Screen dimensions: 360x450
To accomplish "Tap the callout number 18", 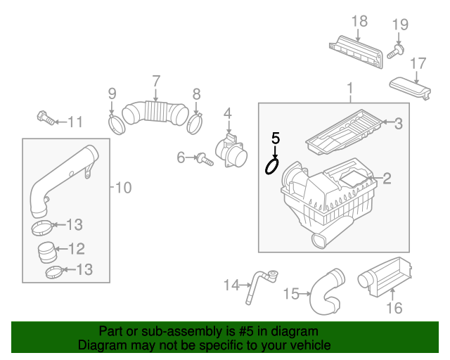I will (x=359, y=21).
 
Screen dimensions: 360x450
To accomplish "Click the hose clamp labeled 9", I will (x=116, y=125).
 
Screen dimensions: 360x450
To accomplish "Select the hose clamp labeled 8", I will (x=195, y=124).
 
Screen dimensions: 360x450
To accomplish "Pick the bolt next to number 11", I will (x=46, y=117).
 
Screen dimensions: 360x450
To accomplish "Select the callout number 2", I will (x=387, y=179).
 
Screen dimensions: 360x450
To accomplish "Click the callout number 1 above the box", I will (x=349, y=89).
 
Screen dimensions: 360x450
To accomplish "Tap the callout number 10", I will (x=123, y=188).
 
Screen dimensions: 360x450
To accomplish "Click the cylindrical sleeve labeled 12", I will (x=48, y=250).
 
